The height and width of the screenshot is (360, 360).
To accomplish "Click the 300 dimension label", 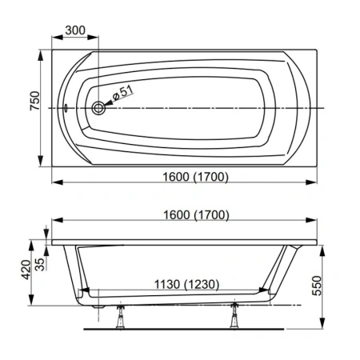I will tap(76, 29).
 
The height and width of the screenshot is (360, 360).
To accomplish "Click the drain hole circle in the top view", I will tap(99, 109).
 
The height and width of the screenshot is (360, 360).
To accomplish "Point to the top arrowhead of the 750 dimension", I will tap(43, 56).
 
